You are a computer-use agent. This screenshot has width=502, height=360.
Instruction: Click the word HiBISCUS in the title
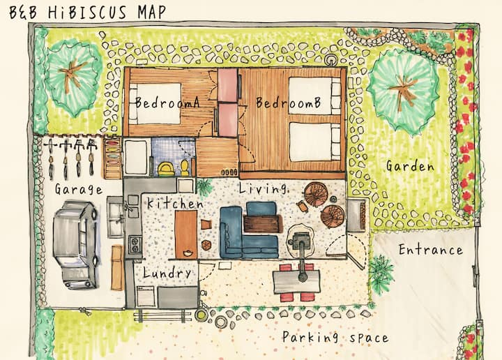point(87,12)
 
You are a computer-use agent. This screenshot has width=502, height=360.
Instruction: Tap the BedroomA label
point(167,103)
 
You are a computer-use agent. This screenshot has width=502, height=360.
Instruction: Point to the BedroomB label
point(288,103)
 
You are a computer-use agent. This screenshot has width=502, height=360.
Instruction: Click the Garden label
point(410,166)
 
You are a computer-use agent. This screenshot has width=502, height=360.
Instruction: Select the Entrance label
point(431,250)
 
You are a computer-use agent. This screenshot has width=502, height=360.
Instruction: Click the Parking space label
point(335,337)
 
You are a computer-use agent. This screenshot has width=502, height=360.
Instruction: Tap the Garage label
point(78,189)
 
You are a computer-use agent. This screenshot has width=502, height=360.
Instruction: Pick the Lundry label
point(167,273)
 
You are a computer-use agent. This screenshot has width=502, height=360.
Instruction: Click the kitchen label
point(175,204)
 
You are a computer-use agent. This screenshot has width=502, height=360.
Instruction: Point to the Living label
point(263,188)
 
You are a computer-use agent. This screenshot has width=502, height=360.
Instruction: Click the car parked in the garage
point(75,244)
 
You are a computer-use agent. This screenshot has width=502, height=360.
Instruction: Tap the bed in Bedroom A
point(155,103)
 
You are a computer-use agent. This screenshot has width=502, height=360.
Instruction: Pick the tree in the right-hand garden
point(403,91)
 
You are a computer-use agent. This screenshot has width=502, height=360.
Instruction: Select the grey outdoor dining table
point(296,282)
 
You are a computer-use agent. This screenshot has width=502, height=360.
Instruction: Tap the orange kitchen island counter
point(186,234)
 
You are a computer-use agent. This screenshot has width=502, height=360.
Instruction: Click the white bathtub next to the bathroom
point(136,157)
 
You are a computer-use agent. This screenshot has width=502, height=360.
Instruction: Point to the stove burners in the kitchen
point(135,244)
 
